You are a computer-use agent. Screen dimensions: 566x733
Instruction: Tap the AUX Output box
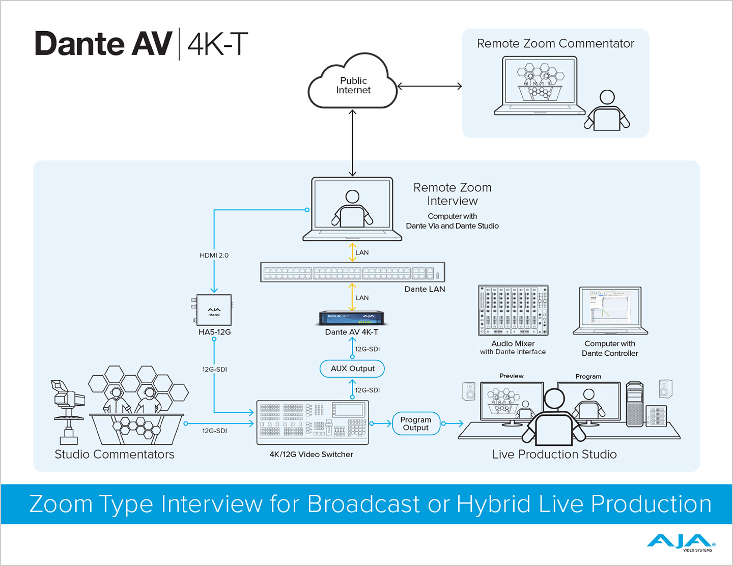352,369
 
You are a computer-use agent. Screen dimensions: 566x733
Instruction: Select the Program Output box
416,423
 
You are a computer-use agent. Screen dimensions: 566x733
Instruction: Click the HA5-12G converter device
214,310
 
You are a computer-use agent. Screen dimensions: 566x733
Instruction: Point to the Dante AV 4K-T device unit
351,318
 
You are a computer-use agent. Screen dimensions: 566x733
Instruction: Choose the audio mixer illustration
513,310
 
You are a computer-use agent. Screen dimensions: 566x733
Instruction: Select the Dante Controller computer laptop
610,310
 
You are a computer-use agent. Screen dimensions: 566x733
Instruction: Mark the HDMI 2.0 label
214,256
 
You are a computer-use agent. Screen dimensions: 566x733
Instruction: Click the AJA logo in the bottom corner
681,542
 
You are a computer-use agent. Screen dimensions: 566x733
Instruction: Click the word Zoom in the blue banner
61,504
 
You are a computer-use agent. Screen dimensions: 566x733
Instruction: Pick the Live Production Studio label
554,455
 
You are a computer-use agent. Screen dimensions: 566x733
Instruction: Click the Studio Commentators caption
115,455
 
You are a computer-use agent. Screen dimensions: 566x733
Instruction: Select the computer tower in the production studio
635,404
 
